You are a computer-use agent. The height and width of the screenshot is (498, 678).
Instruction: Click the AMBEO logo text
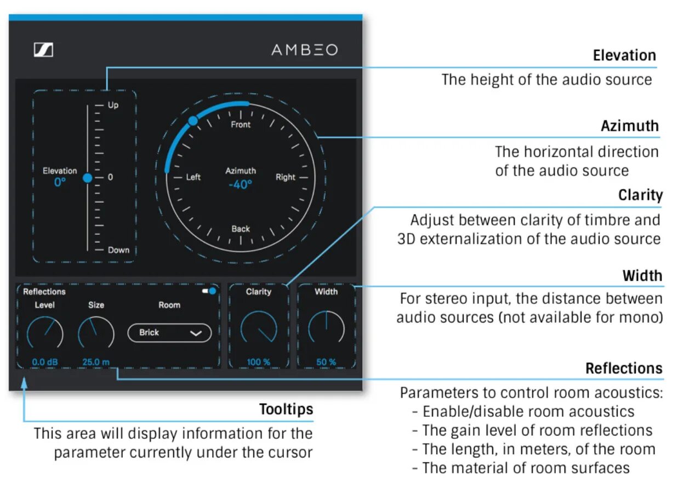pyautogui.click(x=304, y=50)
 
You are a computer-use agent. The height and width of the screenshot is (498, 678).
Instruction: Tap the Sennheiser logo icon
pyautogui.click(x=43, y=50)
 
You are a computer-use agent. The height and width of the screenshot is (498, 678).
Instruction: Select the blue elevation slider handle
pyautogui.click(x=88, y=178)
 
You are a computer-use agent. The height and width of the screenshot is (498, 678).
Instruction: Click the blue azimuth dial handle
pyautogui.click(x=193, y=121)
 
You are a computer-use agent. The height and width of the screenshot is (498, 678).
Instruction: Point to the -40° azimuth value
pyautogui.click(x=240, y=184)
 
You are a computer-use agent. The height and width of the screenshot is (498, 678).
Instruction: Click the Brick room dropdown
pyautogui.click(x=169, y=332)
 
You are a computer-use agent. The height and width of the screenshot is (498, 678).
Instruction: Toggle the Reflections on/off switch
pyautogui.click(x=209, y=291)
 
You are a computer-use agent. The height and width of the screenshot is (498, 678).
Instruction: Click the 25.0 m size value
pyautogui.click(x=96, y=362)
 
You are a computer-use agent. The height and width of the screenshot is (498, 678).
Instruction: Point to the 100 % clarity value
pyautogui.click(x=259, y=362)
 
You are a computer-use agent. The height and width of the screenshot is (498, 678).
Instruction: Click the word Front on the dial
pyautogui.click(x=241, y=125)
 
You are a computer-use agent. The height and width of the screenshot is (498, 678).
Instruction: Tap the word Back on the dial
pyautogui.click(x=241, y=229)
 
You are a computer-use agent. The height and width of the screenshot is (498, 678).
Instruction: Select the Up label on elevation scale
pyautogui.click(x=113, y=105)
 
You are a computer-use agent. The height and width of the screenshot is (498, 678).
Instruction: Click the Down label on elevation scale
pyautogui.click(x=118, y=250)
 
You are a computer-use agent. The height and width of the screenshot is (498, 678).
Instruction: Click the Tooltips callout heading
pyautogui.click(x=286, y=410)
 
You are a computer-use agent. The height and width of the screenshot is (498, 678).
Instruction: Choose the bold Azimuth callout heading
pyautogui.click(x=629, y=126)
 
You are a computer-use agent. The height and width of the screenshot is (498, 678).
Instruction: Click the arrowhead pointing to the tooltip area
pyautogui.click(x=24, y=382)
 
